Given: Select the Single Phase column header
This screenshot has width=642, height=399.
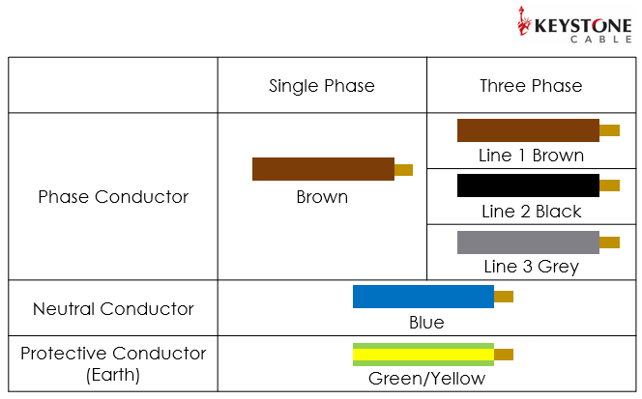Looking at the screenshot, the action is tap(322, 86).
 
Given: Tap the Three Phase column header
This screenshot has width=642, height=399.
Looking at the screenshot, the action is tap(531, 86).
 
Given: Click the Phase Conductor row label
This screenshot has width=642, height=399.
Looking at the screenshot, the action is tap(113, 197).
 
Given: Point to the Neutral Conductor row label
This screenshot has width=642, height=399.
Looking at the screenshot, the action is tap(113, 309).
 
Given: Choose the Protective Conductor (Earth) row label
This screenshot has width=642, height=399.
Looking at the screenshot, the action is tap(113, 363).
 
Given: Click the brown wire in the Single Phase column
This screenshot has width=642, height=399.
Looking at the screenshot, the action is tap(323, 169).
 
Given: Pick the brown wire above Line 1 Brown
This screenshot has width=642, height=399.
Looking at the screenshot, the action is tap(528, 130).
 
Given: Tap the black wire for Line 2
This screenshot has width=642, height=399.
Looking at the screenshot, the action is tap(528, 185).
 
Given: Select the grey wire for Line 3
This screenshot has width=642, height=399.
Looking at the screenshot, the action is tap(528, 242).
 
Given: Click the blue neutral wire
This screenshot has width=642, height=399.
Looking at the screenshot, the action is tap(423, 297).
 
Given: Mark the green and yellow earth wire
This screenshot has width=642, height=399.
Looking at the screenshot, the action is tap(423, 355).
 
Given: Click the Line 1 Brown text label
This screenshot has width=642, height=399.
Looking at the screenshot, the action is tap(531, 156).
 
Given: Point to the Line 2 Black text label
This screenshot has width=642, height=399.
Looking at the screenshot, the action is tap(531, 212).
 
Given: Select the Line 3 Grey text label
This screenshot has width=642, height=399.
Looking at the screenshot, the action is tap(531, 267).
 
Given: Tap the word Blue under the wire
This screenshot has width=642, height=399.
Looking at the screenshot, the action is tap(426, 323).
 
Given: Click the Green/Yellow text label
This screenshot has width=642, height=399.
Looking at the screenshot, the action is tap(426, 379).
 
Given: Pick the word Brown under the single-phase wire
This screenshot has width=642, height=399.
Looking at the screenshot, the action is tap(322, 197).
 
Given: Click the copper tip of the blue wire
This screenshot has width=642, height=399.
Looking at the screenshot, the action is tap(504, 297).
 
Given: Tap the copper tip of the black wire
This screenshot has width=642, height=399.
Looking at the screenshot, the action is tap(609, 185).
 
